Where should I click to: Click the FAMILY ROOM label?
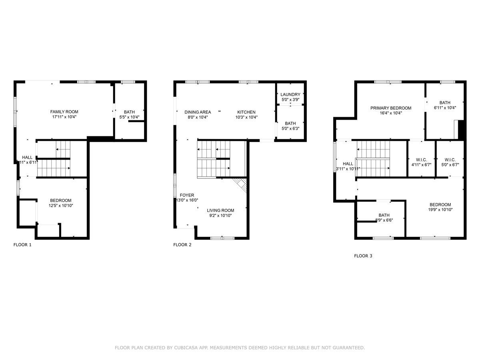pos(64,112)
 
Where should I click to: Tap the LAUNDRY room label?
pos(290,94)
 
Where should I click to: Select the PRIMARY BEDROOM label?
pos(391,108)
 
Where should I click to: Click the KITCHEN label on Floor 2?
pos(246,112)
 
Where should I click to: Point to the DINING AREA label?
pos(198,112)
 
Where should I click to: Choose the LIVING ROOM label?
pos(220,210)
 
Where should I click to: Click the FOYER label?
pos(187,195)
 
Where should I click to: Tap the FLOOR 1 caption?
pos(22,245)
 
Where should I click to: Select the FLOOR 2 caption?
pos(182,245)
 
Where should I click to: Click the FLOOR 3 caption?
pos(363,256)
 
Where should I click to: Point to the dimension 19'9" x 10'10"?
pos(440,210)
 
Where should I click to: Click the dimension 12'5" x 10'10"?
pos(61,206)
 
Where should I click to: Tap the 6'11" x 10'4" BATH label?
pos(445,102)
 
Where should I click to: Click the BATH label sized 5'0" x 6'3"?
pos(290,123)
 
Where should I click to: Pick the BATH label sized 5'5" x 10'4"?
pos(129,112)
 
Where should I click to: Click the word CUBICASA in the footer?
pos(184,348)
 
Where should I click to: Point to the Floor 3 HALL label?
pos(348,164)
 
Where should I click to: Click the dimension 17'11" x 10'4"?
pos(64,117)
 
